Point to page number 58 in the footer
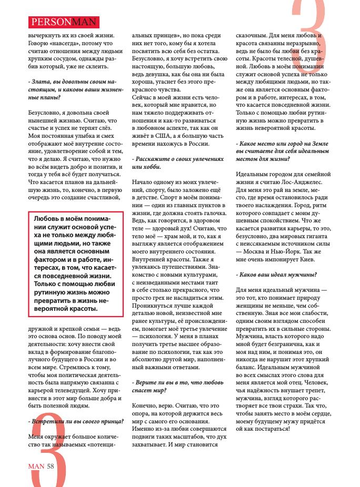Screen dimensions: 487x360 [51, 464]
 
